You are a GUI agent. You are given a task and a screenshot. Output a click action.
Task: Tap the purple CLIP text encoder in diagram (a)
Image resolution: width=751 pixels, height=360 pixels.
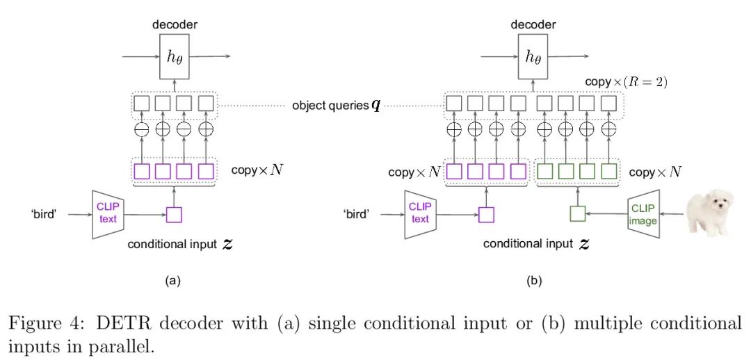click(108, 214)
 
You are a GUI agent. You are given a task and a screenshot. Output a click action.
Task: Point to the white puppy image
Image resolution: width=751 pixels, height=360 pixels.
click(708, 211)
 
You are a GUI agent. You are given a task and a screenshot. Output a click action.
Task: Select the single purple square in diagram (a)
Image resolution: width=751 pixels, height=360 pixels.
click(174, 215)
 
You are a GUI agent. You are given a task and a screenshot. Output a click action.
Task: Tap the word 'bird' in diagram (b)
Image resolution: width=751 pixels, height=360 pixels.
click(357, 214)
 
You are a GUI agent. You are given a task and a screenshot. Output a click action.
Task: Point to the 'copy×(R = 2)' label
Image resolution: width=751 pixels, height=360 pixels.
click(627, 82)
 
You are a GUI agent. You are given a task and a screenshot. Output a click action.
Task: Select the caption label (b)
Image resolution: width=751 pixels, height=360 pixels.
click(533, 281)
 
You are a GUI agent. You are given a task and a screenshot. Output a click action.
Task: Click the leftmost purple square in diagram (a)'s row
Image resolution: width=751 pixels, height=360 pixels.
click(142, 172)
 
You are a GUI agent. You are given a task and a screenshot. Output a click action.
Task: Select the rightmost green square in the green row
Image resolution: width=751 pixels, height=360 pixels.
click(608, 172)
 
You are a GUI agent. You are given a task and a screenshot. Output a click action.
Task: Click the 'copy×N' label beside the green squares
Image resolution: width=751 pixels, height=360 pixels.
click(655, 172)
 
